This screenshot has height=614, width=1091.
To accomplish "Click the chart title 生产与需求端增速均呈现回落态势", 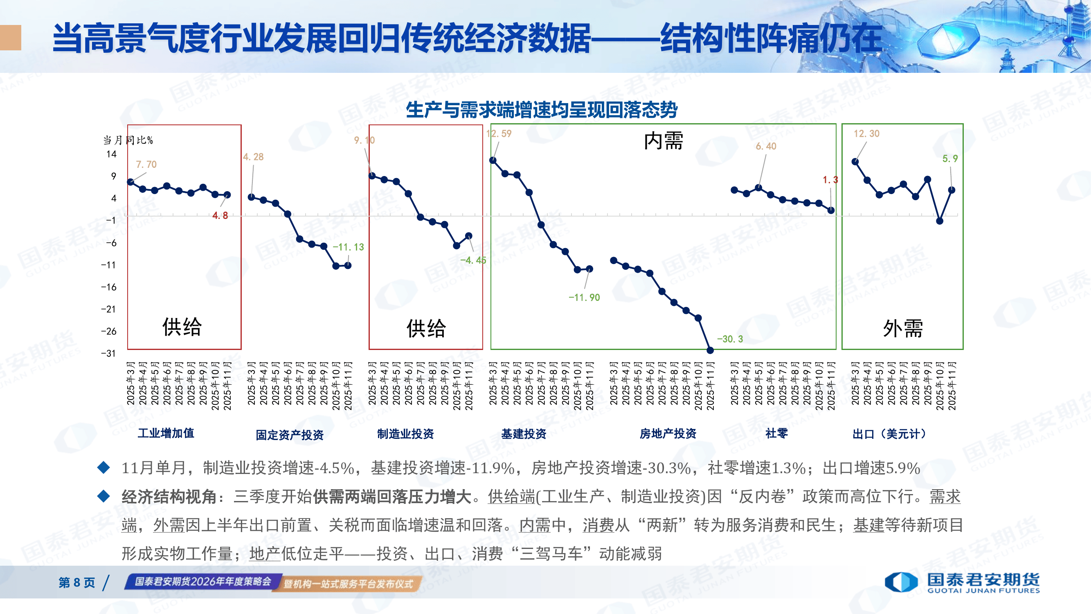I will [x=541, y=110].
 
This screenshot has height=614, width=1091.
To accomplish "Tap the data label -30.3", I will [x=730, y=339].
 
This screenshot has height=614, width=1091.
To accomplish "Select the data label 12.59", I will [x=499, y=133].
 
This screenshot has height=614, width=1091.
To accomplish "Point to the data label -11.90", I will [x=584, y=298].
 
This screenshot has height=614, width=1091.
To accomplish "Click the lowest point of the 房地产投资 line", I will [x=710, y=350].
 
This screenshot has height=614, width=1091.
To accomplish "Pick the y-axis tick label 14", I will [x=111, y=154].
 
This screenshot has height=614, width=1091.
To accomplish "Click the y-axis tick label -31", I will [x=108, y=353].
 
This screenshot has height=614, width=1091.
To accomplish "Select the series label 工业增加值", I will [x=166, y=433].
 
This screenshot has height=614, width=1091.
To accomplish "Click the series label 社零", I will [x=777, y=433].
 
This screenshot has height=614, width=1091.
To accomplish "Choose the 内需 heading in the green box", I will [x=663, y=141].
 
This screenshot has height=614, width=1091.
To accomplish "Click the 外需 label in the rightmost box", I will [x=902, y=328].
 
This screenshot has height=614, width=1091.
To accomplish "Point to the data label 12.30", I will [x=866, y=133].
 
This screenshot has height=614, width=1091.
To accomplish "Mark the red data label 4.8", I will [x=220, y=216].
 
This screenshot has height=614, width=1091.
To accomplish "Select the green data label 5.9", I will [x=950, y=158].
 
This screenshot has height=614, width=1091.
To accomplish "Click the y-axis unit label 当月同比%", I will [x=128, y=140].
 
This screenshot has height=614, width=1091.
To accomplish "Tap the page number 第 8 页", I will [x=76, y=582].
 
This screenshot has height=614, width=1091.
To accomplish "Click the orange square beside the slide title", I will [x=10, y=38].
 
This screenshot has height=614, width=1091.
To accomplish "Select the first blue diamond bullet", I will [x=104, y=468].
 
